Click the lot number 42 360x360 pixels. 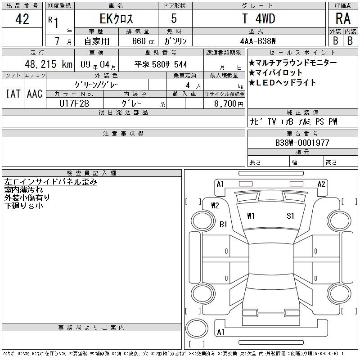point(22,19)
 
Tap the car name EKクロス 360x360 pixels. point(116,19)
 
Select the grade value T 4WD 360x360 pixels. point(259,18)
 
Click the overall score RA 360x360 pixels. point(343,18)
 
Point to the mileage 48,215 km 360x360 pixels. point(49,64)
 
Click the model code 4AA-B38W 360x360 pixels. point(258,41)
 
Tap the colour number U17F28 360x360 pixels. point(74,103)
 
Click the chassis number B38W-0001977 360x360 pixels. point(302,143)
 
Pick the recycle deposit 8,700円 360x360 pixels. point(229,103)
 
